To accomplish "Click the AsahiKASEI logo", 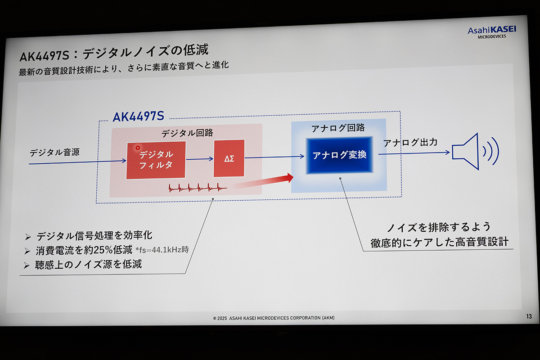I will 491,31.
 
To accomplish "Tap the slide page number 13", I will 529,316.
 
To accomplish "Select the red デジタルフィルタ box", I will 156,160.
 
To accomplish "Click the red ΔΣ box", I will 229,158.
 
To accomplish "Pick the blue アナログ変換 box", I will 340,155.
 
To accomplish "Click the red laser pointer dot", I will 138,148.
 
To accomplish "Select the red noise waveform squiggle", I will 198,188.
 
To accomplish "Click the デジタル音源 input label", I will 54,152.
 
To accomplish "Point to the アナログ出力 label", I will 410,143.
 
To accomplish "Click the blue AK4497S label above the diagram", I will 138,117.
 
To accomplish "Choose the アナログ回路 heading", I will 338,128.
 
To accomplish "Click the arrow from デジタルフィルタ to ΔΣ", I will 199,159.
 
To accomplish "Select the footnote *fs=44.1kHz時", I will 162,250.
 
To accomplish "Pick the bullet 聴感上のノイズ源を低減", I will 89,264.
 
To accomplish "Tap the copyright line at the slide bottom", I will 274,318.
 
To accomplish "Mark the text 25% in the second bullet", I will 109,250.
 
